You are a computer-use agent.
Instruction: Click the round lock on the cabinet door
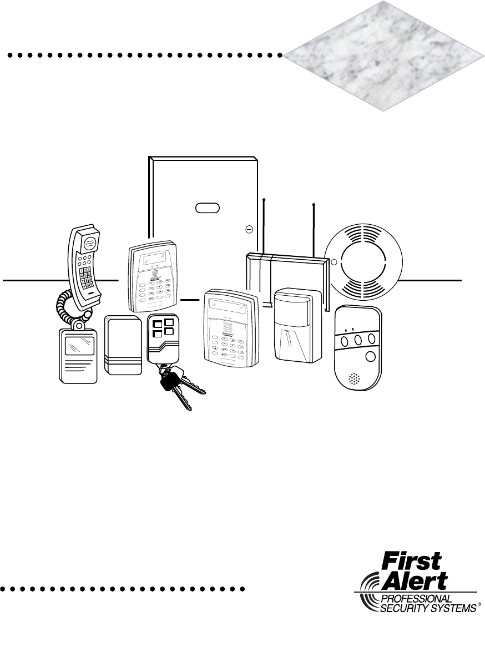click(x=249, y=228)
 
